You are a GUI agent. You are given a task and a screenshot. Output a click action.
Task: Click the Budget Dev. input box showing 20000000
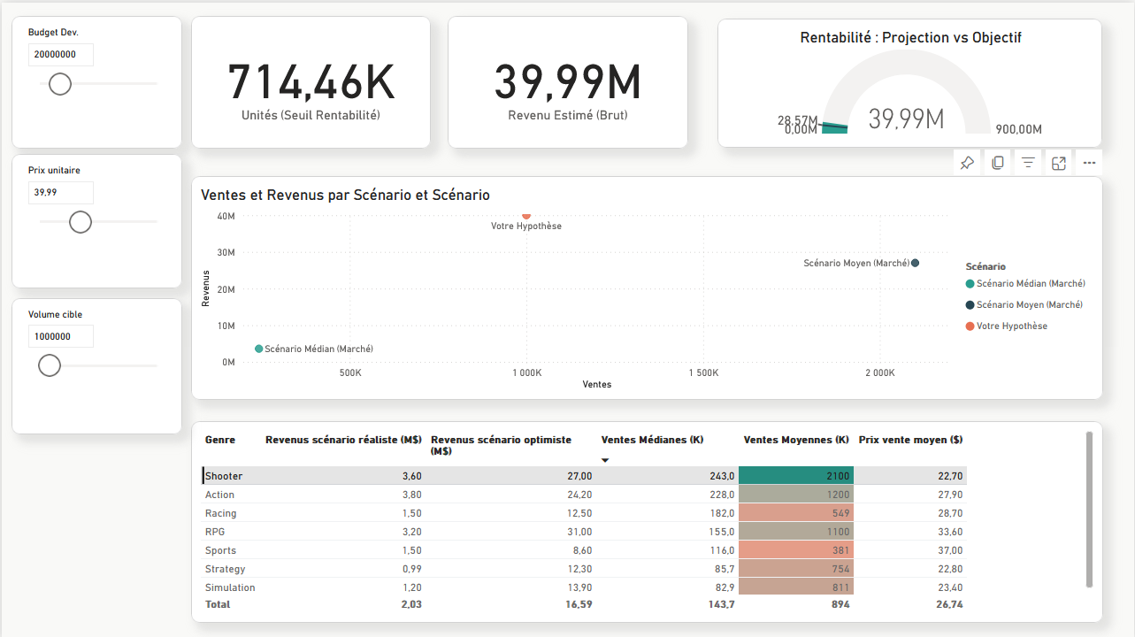60,55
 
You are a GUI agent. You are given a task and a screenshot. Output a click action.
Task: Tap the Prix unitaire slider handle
81,222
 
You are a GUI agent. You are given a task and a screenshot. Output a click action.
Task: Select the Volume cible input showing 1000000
60,337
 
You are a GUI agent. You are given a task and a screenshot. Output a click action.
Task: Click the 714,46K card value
311,82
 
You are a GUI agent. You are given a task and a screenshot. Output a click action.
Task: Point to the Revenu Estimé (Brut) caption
567,115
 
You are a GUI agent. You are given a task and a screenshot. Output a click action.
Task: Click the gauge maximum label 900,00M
1018,129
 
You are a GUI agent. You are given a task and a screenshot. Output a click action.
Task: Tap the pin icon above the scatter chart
967,163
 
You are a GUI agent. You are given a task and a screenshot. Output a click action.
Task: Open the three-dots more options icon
1089,163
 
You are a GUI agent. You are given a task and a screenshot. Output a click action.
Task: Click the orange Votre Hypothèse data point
526,215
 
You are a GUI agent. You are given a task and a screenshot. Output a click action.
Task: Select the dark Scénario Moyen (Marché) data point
915,263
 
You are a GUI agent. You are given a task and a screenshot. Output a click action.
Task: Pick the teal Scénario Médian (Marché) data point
259,349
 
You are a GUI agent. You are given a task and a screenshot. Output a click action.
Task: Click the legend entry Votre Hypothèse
1011,326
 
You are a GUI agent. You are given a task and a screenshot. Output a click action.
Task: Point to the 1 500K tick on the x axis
702,373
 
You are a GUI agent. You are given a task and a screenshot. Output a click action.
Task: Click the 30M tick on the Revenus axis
226,253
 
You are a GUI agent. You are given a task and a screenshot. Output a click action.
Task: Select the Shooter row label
224,476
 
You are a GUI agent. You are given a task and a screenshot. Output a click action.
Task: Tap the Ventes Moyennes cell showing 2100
795,476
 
